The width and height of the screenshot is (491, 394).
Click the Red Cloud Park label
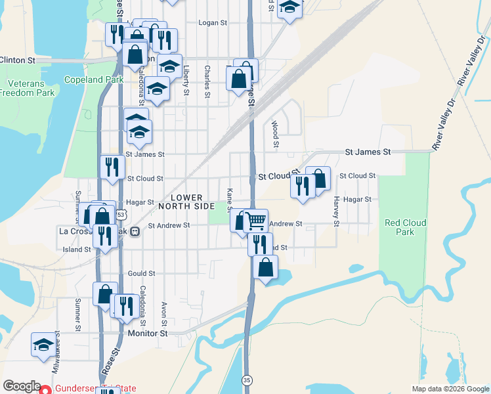[405, 227]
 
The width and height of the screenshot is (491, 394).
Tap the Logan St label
[213, 22]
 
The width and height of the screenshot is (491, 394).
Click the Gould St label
[141, 273]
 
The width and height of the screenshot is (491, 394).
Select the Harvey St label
[335, 211]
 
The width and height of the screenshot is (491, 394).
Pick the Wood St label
[276, 134]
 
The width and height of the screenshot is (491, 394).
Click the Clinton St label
[18, 60]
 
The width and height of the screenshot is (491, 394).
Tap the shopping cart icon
[257, 220]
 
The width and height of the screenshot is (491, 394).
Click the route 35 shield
[247, 380]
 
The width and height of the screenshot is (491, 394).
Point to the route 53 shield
[120, 215]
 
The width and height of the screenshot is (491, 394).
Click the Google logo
[22, 386]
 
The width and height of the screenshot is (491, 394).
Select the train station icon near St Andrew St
[134, 232]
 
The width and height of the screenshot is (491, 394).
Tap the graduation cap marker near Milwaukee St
[44, 344]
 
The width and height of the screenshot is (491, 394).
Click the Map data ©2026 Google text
[450, 389]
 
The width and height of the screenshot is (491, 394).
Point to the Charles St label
[207, 81]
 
